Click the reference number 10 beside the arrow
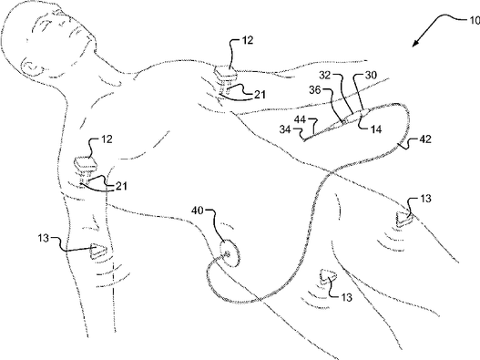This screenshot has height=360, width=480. coord(475,20)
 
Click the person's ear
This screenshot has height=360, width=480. coord(32,66)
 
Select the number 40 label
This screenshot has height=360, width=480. coord(198,211)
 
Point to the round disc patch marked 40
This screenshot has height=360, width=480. coord(230,253)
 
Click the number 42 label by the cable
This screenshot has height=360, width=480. coord(424,139)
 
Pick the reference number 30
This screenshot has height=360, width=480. coord(371,75)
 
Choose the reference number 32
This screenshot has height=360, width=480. coord(325,75)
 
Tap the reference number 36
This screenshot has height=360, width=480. coord(315,90)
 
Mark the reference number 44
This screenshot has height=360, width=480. coord(301,119)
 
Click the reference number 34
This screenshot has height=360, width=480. coord(285,129)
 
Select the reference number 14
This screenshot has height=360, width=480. coord(376,129)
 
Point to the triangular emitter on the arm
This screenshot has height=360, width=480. coord(97,251)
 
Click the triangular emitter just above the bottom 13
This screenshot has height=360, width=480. coord(328,277)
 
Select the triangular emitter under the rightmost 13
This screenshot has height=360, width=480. coord(403,219)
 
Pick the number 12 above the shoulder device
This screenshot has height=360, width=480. coord(248,40)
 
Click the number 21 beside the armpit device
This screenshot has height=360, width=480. coord(121,186)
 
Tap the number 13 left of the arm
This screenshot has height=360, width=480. coord(43,238)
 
